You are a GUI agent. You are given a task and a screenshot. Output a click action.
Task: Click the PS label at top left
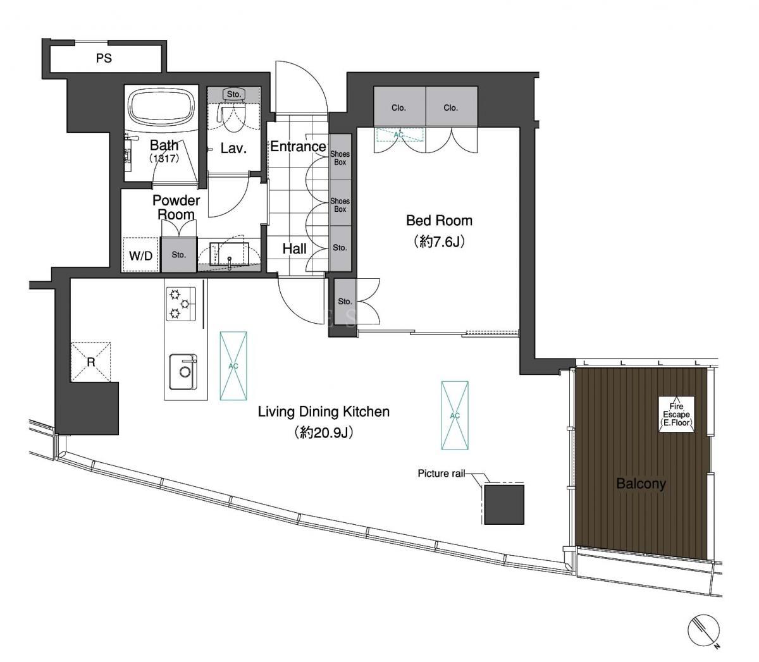(x=104, y=58)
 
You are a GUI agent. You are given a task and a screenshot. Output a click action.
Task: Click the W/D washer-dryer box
(x=140, y=255)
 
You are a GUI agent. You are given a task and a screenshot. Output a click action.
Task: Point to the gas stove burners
(x=181, y=303)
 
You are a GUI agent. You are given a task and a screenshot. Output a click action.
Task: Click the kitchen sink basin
(x=183, y=372)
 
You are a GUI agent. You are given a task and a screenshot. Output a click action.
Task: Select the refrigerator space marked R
(x=91, y=361)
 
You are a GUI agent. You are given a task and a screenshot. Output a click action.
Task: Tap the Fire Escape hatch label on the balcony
(x=676, y=415)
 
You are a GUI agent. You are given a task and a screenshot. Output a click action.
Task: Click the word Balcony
(x=641, y=484)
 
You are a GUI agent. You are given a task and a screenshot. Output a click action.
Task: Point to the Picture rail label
(x=441, y=474)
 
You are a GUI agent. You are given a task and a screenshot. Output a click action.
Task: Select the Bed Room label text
(x=439, y=221)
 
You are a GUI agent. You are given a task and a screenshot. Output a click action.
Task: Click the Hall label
(x=294, y=249)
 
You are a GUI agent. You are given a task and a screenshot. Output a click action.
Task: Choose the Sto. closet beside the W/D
(x=178, y=255)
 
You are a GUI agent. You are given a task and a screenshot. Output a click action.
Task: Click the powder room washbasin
(x=229, y=254)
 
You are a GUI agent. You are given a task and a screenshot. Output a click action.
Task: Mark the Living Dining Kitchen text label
(x=324, y=412)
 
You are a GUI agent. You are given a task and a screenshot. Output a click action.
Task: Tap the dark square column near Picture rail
(x=504, y=505)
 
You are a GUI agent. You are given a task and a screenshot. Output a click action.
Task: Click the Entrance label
(x=298, y=147)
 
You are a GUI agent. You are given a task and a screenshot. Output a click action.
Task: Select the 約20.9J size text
(x=323, y=432)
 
